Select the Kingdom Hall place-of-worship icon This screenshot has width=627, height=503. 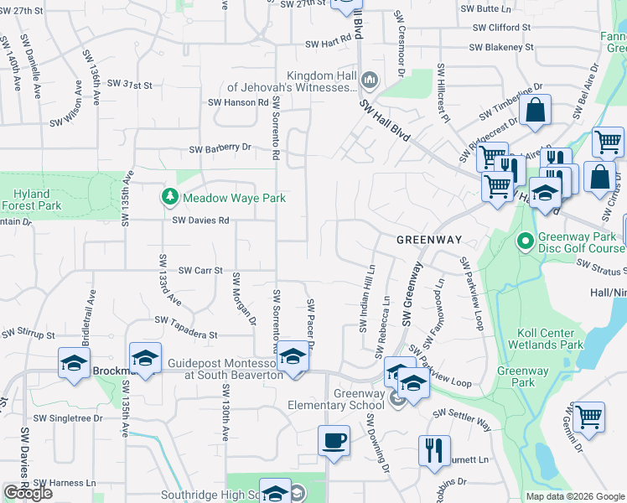[x=370, y=80]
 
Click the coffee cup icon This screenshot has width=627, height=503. [x=334, y=440]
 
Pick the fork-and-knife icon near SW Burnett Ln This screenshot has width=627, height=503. [x=434, y=450]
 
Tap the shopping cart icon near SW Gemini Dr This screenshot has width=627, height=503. [x=589, y=416]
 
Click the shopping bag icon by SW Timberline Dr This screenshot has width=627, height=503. [x=534, y=110]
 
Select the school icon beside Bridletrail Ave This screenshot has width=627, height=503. [x=74, y=364]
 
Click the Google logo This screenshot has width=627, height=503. [x=28, y=493]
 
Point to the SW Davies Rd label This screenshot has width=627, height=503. [x=200, y=220]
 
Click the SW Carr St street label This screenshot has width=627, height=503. [x=200, y=271]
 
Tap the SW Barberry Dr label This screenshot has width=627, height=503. [x=220, y=148]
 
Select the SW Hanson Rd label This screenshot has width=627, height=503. [x=238, y=102]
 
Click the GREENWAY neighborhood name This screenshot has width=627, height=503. [x=429, y=240]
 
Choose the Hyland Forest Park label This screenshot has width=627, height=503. [x=32, y=199]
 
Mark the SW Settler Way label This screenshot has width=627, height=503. [x=462, y=413]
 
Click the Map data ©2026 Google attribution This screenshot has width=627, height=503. [x=574, y=495]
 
